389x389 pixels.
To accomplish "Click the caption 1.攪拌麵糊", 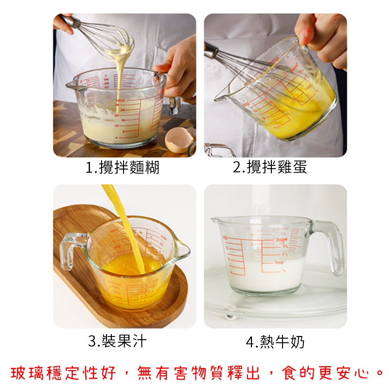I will tap(123, 168).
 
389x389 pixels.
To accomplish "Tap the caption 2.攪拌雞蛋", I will tap(270, 168).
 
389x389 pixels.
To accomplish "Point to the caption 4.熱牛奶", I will tap(275, 342).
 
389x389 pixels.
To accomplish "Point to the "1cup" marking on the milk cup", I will tap(280, 263).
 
